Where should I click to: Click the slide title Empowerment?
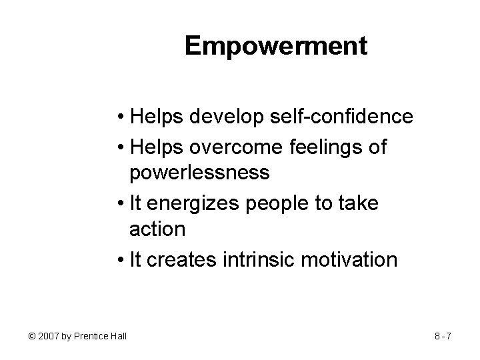tap(276, 46)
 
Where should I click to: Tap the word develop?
tap(219, 118)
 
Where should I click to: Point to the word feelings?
tap(323, 146)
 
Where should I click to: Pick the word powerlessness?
tap(199, 173)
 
